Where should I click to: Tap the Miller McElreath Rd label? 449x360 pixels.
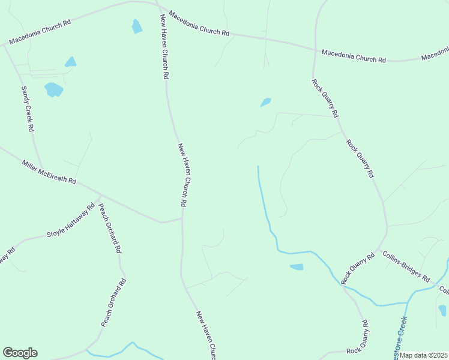(49, 172)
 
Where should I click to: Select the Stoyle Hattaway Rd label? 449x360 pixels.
(71, 221)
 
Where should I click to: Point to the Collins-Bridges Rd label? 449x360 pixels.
(406, 266)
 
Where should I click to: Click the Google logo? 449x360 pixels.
(20, 353)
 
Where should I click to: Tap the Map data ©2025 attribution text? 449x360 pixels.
(424, 355)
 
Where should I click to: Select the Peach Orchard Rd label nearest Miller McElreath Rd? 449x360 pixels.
(110, 228)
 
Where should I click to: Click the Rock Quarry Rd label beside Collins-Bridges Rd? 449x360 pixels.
(358, 268)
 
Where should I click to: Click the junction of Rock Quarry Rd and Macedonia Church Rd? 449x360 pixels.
(315, 49)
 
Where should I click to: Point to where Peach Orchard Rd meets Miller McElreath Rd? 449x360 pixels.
(100, 196)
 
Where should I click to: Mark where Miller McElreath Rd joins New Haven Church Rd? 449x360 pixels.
(182, 218)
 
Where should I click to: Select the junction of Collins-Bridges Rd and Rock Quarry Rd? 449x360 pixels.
(378, 249)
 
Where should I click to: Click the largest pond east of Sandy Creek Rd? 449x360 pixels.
(53, 90)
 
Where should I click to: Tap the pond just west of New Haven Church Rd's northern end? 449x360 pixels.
(137, 26)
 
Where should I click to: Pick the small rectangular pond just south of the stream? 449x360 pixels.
(297, 267)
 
